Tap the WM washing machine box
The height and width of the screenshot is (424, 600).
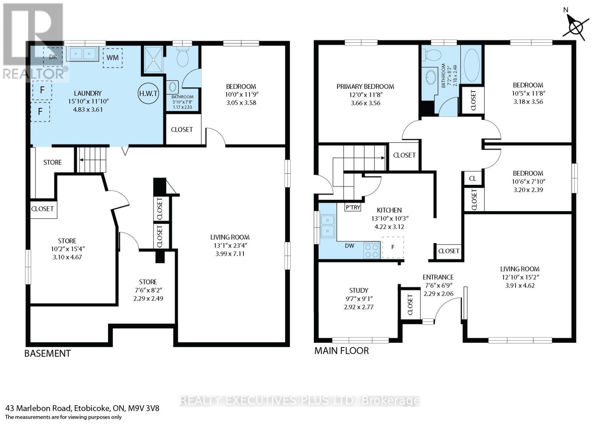tap(112, 57)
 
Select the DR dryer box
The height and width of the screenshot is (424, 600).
tap(53, 57)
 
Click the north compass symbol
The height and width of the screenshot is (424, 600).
tap(575, 26)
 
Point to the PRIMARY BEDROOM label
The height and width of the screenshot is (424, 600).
tap(365, 87)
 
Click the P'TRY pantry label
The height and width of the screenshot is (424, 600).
tap(353, 207)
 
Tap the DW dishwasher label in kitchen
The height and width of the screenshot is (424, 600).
tap(349, 246)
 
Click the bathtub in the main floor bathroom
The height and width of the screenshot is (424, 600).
tap(471, 65)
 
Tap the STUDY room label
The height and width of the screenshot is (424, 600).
tap(358, 290)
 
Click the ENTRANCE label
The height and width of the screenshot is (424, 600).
tap(438, 277)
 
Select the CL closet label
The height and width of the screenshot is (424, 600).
tap(472, 178)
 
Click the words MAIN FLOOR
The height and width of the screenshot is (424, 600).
tap(341, 351)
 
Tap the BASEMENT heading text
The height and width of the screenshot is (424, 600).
tap(47, 353)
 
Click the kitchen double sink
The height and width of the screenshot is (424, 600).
tap(328, 226)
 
